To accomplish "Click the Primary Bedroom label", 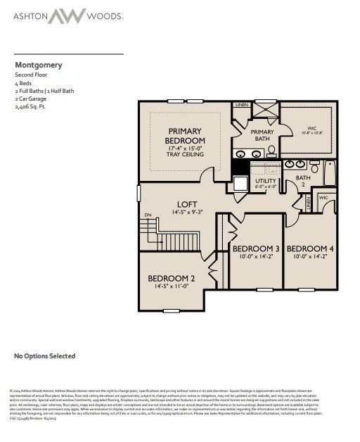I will tap(185, 136).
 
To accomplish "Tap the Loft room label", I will tap(187, 205).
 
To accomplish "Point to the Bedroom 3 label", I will tap(256, 249).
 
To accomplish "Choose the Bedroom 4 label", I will tap(310, 249).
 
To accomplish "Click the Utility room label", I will tap(265, 182).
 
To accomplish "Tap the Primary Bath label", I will tap(262, 135).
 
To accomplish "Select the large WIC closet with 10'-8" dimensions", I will tap(311, 131).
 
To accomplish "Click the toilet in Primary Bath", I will tap(271, 150).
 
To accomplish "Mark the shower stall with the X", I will tap(264, 110).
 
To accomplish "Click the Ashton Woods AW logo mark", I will tap(68, 15).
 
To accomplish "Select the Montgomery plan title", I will tap(39, 65).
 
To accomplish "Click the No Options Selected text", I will tap(45, 356).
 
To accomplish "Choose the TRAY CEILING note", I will tap(185, 156).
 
